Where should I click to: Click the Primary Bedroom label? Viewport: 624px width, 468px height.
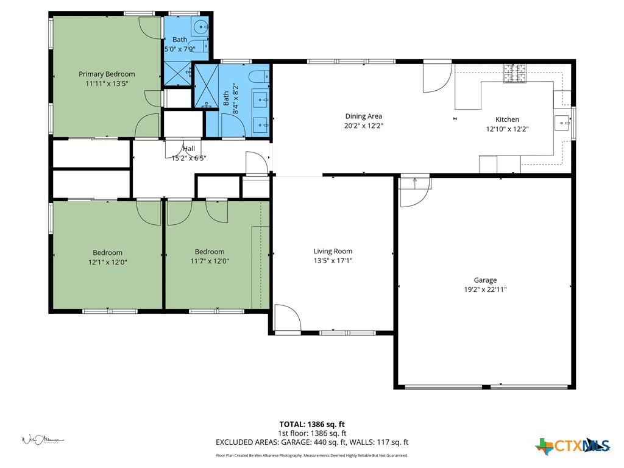[x=107, y=74]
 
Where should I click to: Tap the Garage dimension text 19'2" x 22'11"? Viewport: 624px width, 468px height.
[x=485, y=290]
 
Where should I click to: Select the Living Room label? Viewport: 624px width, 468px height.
[x=333, y=251]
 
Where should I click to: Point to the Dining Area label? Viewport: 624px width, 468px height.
[x=364, y=116]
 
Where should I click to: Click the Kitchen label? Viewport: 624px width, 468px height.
[x=507, y=119]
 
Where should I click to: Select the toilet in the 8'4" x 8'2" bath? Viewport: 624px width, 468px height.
[x=258, y=77]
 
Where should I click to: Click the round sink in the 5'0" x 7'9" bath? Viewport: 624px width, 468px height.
[x=200, y=26]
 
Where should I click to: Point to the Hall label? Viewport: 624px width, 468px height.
[x=189, y=149]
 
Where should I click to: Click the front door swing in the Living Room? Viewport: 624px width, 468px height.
[x=287, y=319]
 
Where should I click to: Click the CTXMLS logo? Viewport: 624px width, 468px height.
[x=573, y=446]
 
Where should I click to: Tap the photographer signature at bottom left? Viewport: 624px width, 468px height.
[x=43, y=439]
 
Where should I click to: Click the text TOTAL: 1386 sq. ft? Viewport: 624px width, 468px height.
[x=312, y=424]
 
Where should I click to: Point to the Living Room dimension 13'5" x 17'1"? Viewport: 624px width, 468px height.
[x=333, y=261]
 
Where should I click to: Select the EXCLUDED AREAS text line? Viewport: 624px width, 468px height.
[x=312, y=442]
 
